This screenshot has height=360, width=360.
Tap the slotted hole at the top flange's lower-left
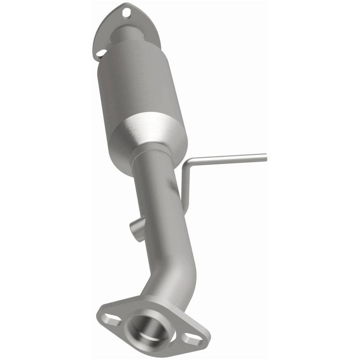point(101,53)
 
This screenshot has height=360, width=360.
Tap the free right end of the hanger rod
point(265,157)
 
